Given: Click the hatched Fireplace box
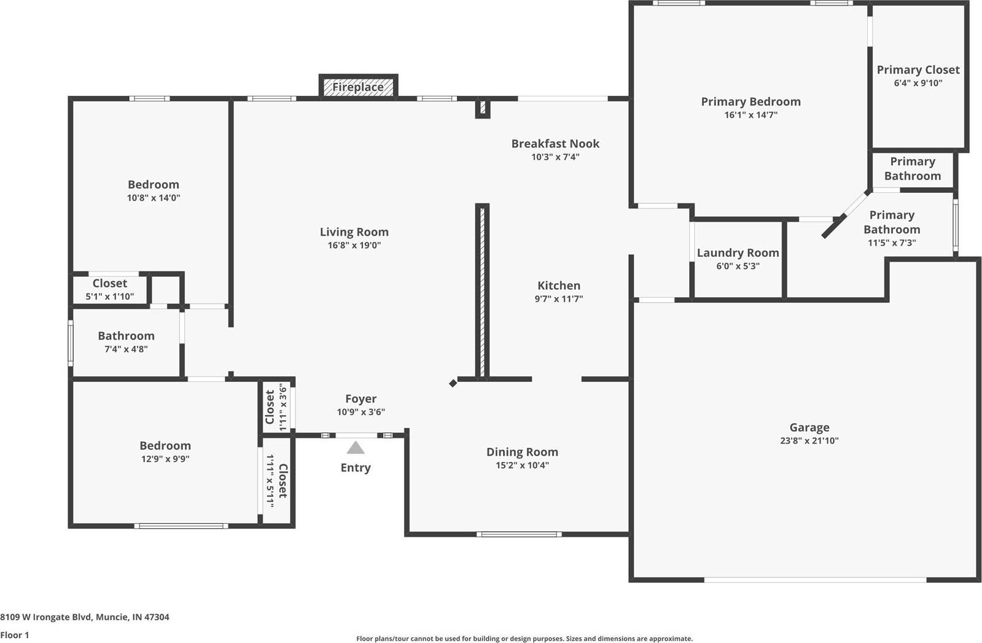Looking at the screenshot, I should [x=358, y=87].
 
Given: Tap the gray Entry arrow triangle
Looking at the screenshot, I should [x=356, y=448].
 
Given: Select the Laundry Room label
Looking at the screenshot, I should [x=738, y=252].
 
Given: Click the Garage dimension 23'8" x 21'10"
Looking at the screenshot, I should [x=809, y=440].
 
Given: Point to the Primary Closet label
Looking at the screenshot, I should [x=918, y=69].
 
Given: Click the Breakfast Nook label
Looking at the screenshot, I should [x=555, y=143].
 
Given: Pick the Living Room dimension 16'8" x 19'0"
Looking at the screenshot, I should [x=354, y=245].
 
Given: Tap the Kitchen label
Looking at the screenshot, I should [x=558, y=285].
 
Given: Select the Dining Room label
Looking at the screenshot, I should [x=522, y=451].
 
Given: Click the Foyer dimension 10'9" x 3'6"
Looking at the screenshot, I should [x=360, y=412].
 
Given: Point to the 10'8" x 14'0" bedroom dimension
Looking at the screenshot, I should [x=154, y=198].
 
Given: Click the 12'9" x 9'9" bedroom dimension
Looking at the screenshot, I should [x=165, y=459].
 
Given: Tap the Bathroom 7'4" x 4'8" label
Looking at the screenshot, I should [x=126, y=335].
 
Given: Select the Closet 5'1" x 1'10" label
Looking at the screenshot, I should [x=110, y=283].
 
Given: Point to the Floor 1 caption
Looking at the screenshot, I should [x=15, y=635].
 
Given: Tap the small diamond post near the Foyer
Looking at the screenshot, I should [x=453, y=383].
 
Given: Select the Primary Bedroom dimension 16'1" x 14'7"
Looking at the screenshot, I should [x=750, y=115].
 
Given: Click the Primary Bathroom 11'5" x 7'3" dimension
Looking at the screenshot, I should [x=891, y=243].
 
